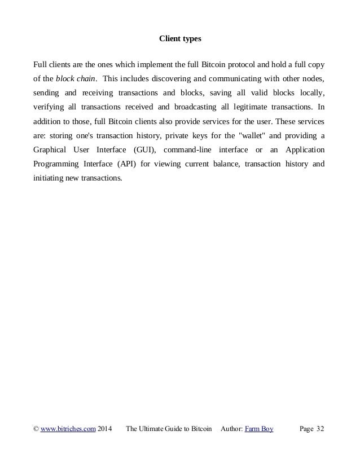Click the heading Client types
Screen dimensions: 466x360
(180, 39)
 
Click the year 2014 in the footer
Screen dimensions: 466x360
(105, 429)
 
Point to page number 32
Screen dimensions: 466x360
(321, 429)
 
